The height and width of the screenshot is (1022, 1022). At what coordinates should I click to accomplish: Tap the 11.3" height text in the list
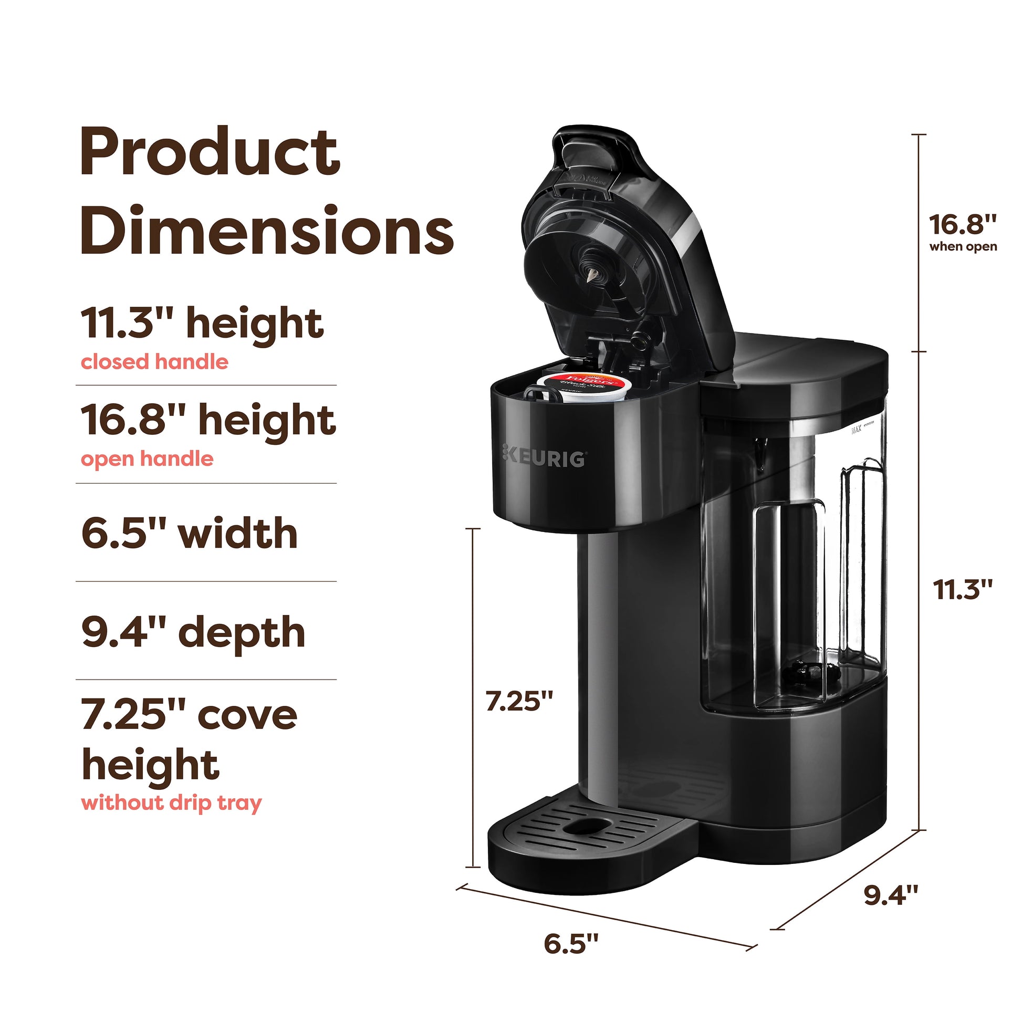(x=202, y=323)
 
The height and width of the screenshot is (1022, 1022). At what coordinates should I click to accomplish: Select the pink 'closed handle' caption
(x=154, y=362)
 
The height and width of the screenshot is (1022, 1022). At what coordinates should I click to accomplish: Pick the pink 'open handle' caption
(x=147, y=459)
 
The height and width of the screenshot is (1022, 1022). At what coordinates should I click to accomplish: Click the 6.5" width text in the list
(x=190, y=533)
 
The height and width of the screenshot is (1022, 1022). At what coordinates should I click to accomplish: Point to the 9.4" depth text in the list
(x=193, y=632)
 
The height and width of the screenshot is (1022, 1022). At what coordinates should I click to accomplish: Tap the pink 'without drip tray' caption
(x=171, y=803)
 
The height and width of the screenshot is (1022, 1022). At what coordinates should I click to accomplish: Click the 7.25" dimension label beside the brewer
(x=519, y=702)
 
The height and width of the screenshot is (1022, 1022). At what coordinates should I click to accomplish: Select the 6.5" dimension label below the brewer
(x=571, y=957)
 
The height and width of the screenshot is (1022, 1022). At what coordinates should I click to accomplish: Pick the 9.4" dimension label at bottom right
(x=891, y=894)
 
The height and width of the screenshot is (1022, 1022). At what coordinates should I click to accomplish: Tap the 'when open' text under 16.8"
(x=963, y=247)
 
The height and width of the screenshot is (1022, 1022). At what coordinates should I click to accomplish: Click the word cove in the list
(x=247, y=715)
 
